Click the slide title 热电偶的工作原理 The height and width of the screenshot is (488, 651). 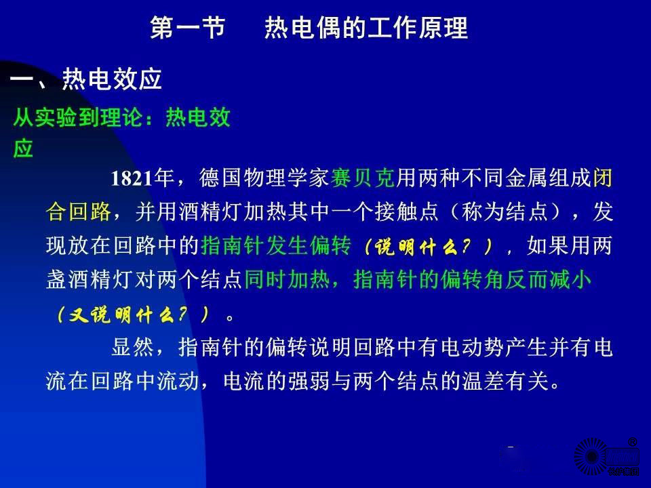366,28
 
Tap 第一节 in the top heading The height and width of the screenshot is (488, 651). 188,28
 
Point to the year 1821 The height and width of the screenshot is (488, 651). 132,178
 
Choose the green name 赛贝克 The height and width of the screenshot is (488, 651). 362,178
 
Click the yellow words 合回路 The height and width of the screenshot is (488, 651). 79,211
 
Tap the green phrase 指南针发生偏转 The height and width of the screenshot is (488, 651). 276,245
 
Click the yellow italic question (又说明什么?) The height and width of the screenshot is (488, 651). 132,314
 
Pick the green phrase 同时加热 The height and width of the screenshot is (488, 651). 287,279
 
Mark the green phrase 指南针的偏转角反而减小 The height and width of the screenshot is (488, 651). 472,279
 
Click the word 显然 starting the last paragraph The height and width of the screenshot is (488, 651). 132,347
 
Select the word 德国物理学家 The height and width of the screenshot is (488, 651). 264,178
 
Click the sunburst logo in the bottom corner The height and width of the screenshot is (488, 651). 591,457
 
